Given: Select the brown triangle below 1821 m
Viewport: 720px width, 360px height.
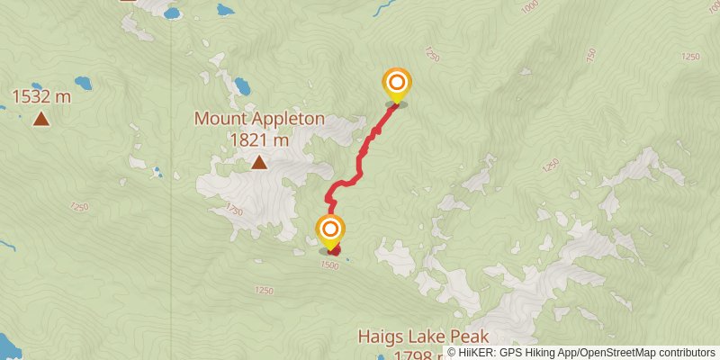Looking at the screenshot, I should coord(259,162).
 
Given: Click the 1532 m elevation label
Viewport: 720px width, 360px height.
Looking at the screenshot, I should coord(40,95).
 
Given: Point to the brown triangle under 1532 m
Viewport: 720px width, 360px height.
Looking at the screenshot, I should coord(40,118).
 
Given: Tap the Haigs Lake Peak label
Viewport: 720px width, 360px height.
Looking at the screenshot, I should coord(423,337).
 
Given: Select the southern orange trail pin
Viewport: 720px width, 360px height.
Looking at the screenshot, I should coord(330,229).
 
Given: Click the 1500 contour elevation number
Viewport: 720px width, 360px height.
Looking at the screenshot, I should coord(330,265).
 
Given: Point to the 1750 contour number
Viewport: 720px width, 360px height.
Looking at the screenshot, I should coord(235,210).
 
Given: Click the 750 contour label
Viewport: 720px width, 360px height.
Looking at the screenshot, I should coord(589,55).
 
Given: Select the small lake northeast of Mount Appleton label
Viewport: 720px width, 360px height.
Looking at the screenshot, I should coord(242,87).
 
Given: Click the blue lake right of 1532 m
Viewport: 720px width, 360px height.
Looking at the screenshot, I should coord(83,83).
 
